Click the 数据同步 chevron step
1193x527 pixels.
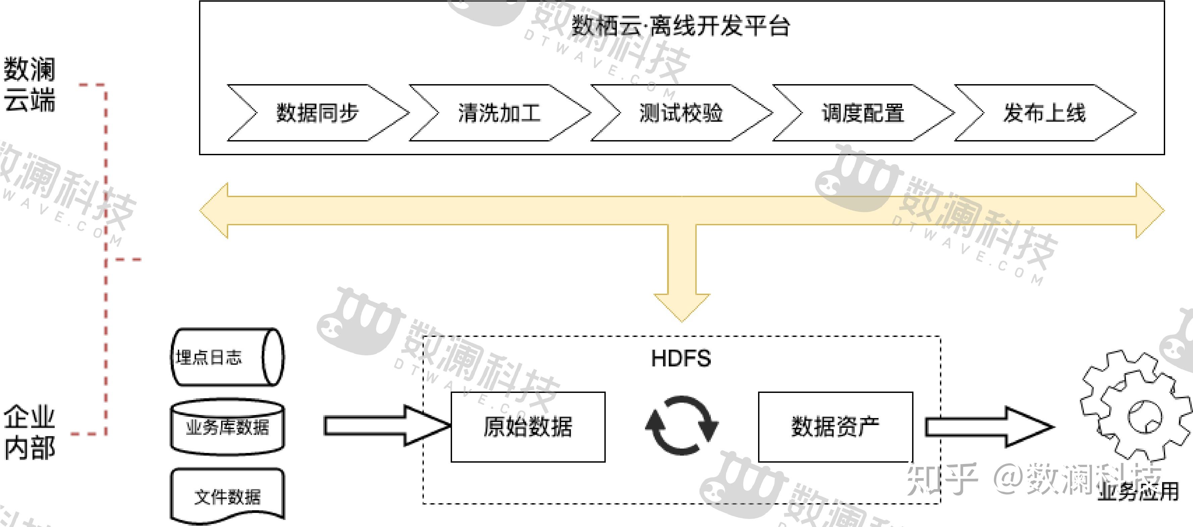318,113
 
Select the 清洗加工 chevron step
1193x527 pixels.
499,113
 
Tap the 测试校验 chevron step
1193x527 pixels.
681,113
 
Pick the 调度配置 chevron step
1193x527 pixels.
863,113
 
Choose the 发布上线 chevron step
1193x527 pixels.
1044,113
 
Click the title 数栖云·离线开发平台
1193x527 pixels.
681,25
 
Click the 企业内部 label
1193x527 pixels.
30,432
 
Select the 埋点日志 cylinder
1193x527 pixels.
227,357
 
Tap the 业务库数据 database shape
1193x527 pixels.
227,427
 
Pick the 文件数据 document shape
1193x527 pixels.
227,496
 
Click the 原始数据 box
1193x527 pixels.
528,427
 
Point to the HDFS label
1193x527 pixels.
681,358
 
